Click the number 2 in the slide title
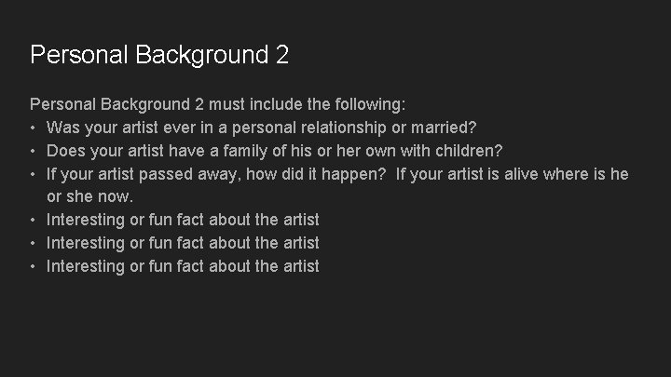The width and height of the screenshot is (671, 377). click(x=281, y=55)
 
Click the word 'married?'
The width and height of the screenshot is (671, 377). click(x=443, y=127)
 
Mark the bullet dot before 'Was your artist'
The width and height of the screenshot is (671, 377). click(x=34, y=127)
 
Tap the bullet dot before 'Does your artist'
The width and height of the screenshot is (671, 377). click(x=34, y=150)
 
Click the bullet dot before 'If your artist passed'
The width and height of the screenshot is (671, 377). click(x=34, y=173)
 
